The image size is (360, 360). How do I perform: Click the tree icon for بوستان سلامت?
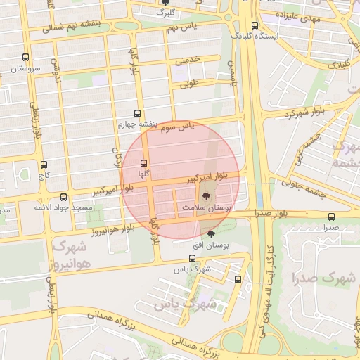pos(206,198)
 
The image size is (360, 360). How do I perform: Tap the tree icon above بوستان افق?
pos(212,233)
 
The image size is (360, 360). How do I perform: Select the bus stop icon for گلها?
pos(143,162)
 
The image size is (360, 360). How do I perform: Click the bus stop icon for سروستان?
pos(26,58)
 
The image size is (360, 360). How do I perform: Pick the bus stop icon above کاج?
pos(44,165)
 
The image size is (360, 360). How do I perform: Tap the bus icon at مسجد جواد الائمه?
pos(64,197)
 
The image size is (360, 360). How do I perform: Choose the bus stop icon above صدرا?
pos(331,217)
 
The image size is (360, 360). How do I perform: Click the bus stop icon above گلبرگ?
pos(165,2)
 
